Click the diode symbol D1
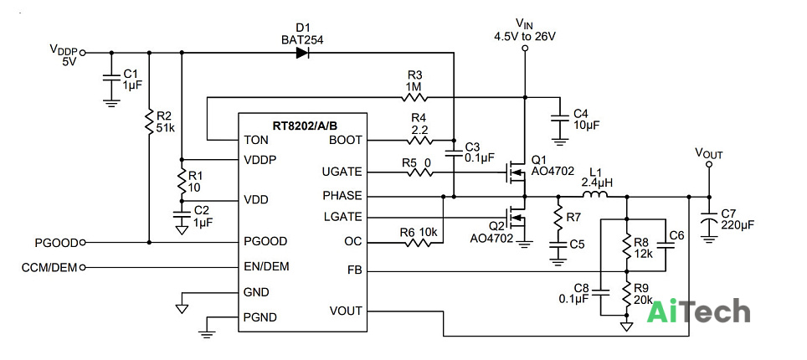[303, 52]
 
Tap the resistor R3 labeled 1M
[415, 96]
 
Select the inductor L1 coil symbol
[595, 195]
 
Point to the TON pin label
[256, 140]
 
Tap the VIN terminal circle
[524, 49]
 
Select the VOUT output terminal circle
[709, 164]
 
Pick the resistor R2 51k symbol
[149, 122]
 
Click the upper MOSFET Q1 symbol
[515, 172]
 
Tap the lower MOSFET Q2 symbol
[515, 218]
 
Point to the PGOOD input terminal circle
[83, 242]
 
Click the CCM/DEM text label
[49, 267]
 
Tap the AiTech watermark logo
[698, 311]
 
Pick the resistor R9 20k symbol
[627, 294]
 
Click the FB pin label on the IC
[355, 270]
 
